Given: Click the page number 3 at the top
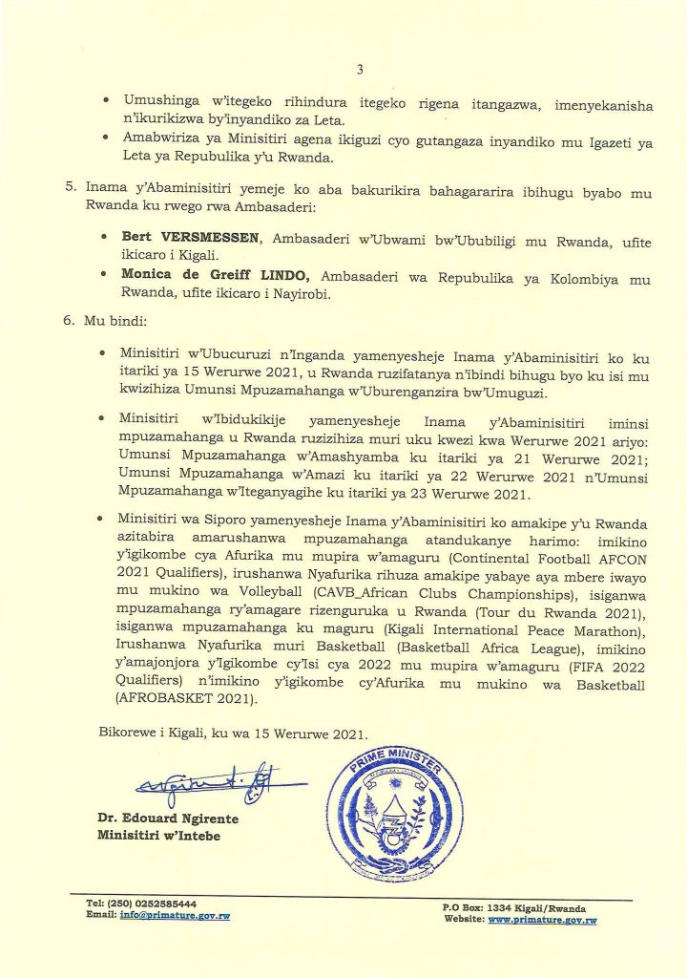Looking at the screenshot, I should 360,69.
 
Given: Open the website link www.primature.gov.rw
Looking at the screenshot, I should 542,920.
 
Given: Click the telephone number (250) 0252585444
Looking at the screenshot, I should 155,903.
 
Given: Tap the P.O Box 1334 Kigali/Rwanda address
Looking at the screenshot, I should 514,907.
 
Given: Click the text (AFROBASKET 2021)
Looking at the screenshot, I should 178,699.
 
